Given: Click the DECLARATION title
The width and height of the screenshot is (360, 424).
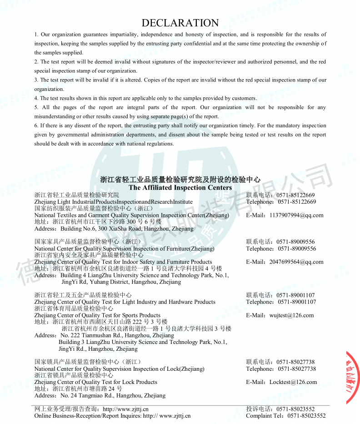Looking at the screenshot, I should [x=180, y=23].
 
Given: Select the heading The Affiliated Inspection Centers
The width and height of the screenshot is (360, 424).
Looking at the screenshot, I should [x=180, y=187].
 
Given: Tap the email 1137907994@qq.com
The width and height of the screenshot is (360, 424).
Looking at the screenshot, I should [x=296, y=215].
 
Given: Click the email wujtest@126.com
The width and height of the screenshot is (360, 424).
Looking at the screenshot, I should [x=291, y=315].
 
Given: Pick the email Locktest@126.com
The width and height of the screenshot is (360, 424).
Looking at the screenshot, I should [x=293, y=382].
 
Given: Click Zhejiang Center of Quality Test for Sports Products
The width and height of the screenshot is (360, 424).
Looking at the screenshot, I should [x=97, y=315].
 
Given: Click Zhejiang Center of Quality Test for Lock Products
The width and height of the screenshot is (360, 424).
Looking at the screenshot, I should [x=95, y=382].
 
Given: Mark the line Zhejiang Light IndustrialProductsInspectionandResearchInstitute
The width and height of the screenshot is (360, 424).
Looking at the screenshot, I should [x=113, y=202].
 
